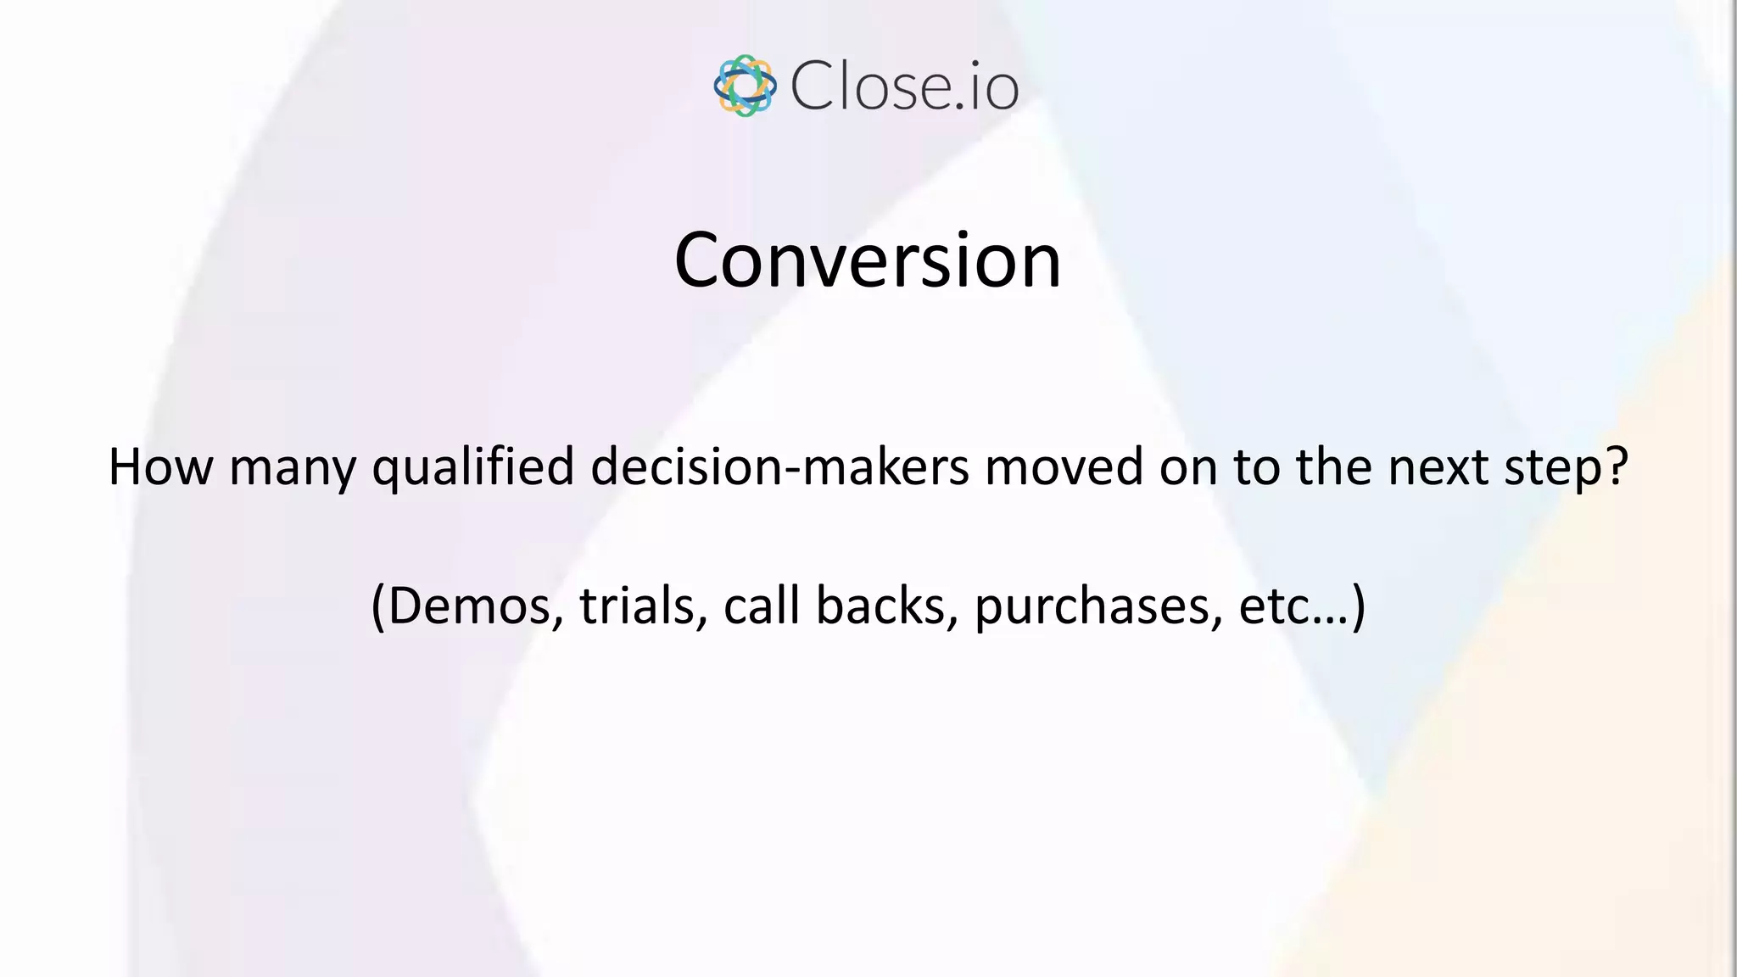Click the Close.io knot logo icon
(745, 86)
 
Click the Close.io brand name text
(904, 87)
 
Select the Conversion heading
(867, 260)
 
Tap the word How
(161, 467)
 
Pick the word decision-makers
(779, 467)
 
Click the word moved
(1064, 467)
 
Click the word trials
(637, 606)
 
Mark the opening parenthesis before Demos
(379, 606)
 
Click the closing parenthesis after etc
(1359, 606)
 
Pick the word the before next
(1333, 467)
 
